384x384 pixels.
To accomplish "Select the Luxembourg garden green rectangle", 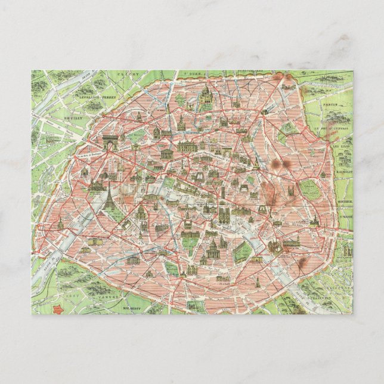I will (x=189, y=243).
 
